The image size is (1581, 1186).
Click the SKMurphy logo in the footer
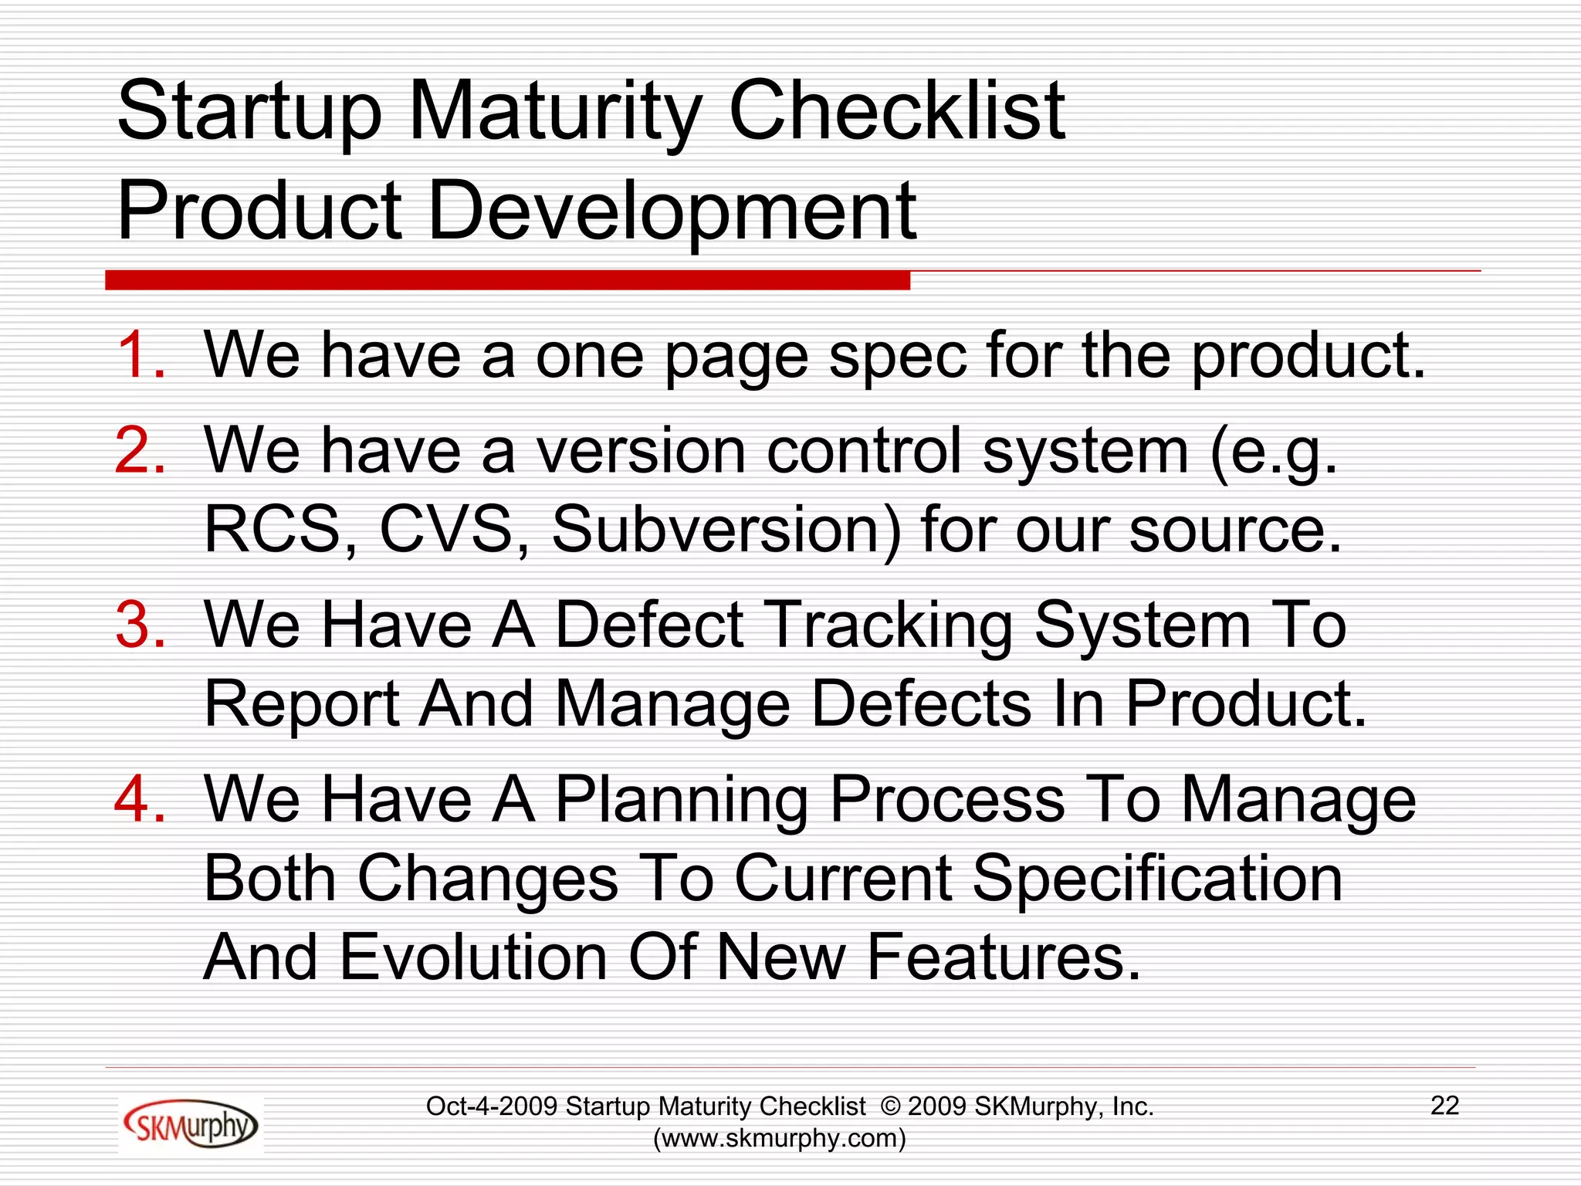coord(190,1125)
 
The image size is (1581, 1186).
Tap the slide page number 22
coord(1444,1106)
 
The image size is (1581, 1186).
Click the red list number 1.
coord(140,355)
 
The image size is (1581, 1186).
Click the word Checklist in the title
coord(896,111)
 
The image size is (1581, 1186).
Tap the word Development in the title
coord(671,211)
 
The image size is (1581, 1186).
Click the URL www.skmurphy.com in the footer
coord(780,1138)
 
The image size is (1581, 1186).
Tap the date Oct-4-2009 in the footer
coord(492,1106)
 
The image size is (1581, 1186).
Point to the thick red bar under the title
coord(507,280)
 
